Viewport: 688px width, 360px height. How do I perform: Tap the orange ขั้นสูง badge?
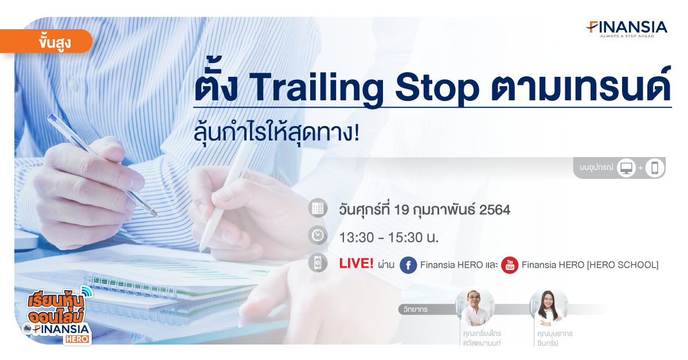click(x=46, y=41)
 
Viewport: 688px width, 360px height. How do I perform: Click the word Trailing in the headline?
click(x=316, y=88)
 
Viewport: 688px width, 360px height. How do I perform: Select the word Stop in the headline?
click(x=437, y=88)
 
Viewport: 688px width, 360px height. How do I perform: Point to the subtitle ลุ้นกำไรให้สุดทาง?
click(x=276, y=134)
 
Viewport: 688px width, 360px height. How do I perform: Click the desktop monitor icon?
click(x=626, y=168)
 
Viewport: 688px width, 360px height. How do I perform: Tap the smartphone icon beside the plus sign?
click(x=655, y=168)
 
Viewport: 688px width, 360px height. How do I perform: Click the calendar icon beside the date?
click(x=318, y=209)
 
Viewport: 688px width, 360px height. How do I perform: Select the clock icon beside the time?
click(x=318, y=236)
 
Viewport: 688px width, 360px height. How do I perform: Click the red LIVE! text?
click(x=356, y=264)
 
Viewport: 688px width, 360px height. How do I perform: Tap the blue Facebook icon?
click(x=408, y=265)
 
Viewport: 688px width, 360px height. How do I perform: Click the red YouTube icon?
click(x=510, y=265)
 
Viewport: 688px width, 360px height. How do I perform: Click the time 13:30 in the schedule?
click(x=357, y=237)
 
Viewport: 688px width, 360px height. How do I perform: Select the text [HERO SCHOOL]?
click(x=623, y=265)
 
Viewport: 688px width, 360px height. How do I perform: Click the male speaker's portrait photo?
click(x=475, y=307)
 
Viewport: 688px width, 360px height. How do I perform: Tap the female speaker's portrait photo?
click(x=549, y=307)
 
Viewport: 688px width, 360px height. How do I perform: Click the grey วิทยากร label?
click(x=415, y=310)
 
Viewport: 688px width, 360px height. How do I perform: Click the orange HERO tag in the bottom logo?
click(x=77, y=339)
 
